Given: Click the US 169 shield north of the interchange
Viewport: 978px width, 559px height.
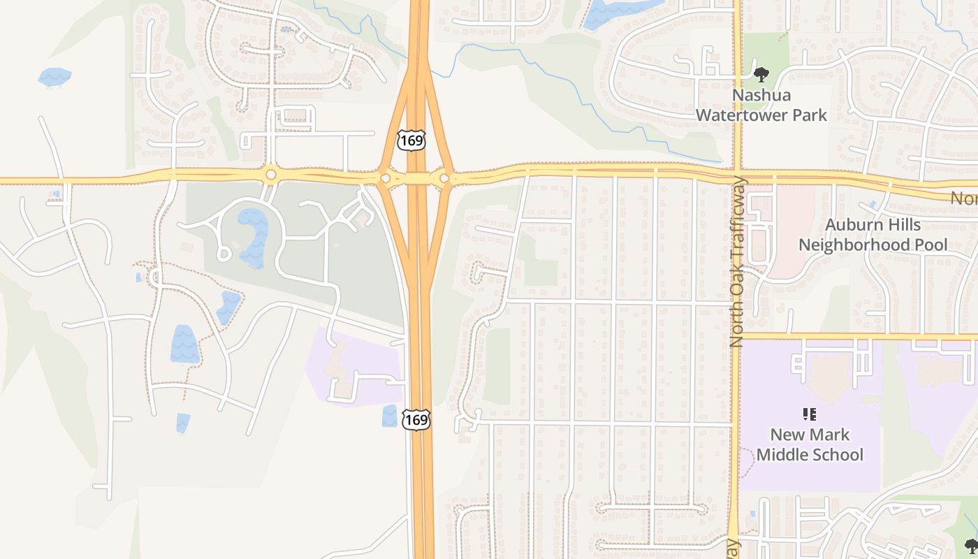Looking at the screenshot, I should tap(411, 140).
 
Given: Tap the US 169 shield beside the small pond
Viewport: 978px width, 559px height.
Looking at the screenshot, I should tap(416, 419).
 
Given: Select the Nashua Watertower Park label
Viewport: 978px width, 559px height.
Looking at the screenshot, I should tap(761, 105).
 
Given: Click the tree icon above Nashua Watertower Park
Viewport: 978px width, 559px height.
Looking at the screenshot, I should tap(761, 73).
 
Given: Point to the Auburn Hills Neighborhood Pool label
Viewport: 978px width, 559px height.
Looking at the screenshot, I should tap(873, 235).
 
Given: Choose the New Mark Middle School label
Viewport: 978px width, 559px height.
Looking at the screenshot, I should tap(810, 444).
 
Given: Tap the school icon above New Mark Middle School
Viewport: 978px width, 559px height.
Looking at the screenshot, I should tap(810, 414).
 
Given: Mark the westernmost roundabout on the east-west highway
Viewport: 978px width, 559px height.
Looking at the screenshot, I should tap(270, 174).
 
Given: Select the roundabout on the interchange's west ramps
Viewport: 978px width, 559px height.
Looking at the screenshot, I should tap(386, 179).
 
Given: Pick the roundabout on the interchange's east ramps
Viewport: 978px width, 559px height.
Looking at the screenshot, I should tap(444, 179).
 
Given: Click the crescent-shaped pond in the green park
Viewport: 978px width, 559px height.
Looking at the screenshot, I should tap(254, 238).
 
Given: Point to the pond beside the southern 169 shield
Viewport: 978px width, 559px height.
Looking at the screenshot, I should tap(389, 416).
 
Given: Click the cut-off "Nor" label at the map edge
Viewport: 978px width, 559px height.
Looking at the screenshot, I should tap(963, 199).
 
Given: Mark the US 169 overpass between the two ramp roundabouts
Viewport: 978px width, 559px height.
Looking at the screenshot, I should tap(418, 179).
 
